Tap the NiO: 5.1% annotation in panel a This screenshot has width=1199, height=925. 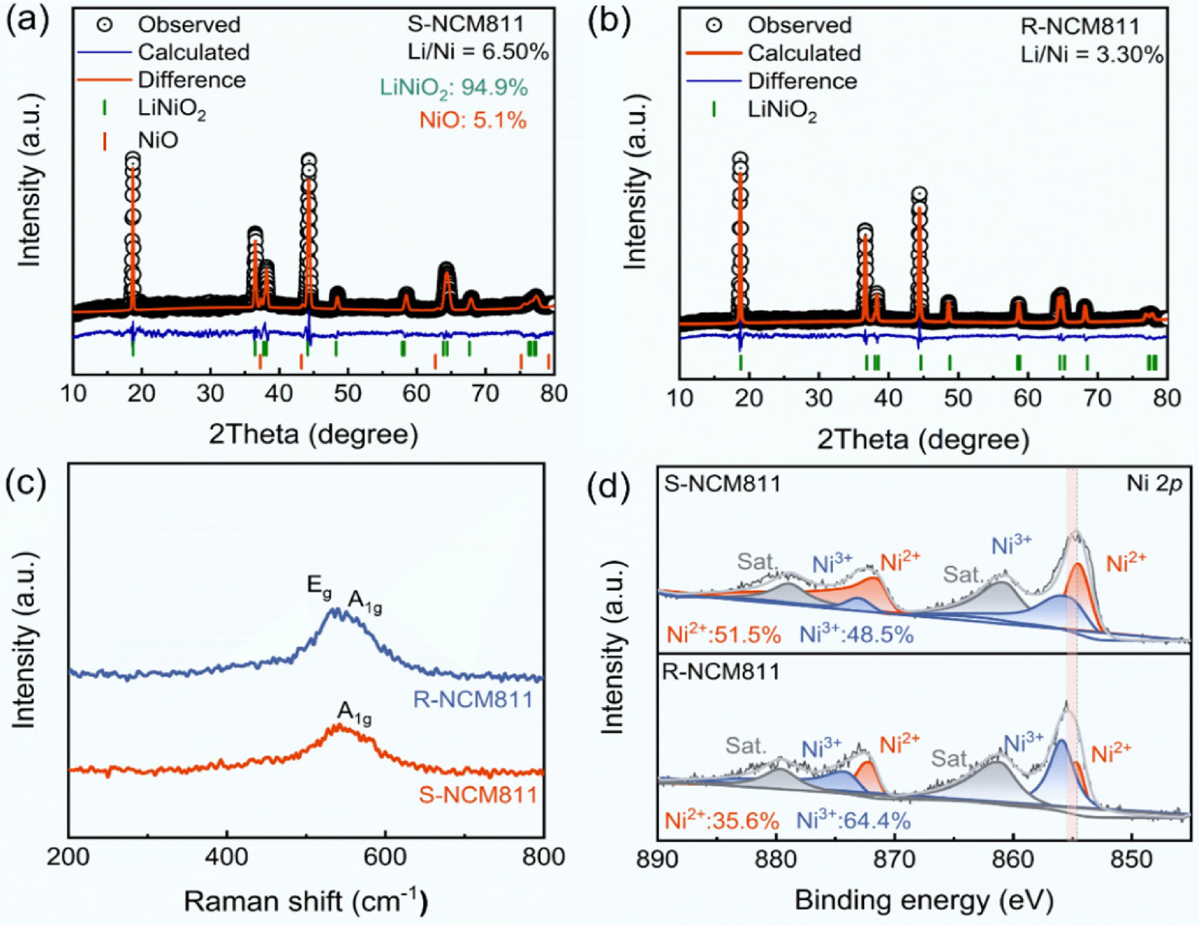(x=473, y=119)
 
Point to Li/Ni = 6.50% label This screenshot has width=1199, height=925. (x=477, y=53)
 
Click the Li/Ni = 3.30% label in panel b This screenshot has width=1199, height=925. (x=1091, y=55)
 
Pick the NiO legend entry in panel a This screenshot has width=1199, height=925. (x=158, y=141)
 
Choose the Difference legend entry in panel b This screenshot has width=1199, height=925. (x=802, y=81)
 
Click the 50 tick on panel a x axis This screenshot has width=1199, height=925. (x=347, y=393)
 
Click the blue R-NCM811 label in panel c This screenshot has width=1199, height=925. (x=473, y=700)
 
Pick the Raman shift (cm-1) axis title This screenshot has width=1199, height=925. (x=306, y=901)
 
